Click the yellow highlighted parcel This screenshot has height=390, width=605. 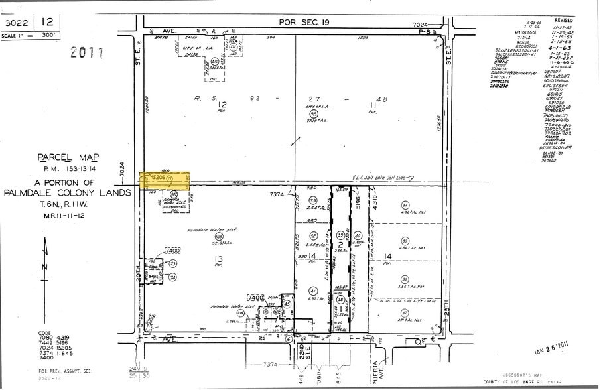(165, 179)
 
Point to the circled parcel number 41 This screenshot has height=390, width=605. (312, 291)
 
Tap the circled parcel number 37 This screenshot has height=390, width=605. (404, 312)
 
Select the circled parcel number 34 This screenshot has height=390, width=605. (405, 206)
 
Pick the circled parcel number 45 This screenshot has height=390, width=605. (287, 304)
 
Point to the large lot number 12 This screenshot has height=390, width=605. (222, 104)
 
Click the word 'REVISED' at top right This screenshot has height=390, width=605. (567, 21)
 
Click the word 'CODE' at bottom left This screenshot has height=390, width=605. (44, 333)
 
